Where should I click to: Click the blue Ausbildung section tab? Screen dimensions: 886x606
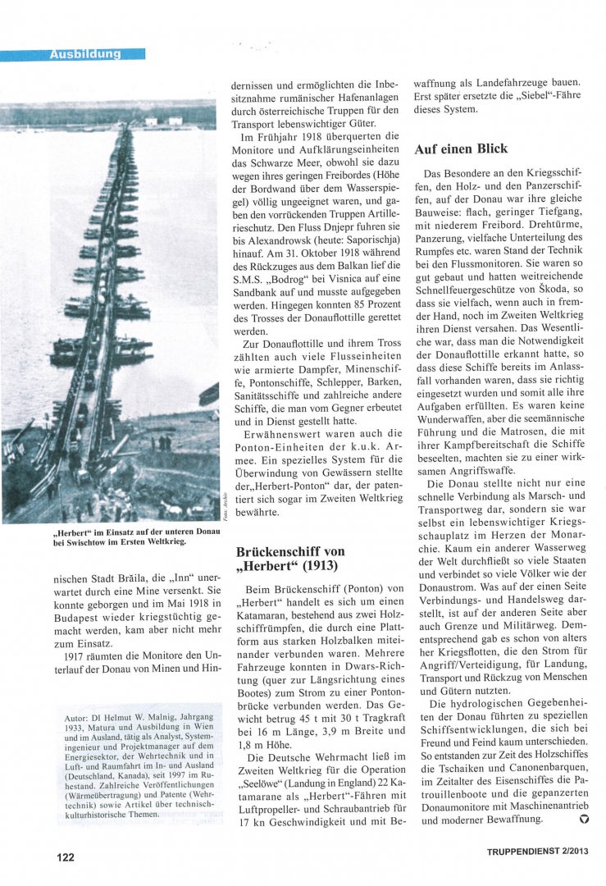point(84,54)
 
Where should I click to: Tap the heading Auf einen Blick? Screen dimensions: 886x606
point(461,148)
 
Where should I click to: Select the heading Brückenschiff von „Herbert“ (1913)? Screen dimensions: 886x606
point(290,559)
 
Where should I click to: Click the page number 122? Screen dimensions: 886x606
point(66,857)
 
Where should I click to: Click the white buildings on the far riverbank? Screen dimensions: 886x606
point(163,121)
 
